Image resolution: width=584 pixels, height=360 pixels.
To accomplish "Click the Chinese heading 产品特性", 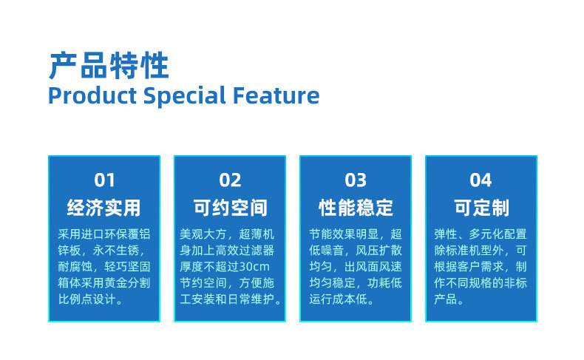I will pyautogui.click(x=109, y=66).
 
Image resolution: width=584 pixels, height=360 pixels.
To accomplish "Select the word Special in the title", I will pyautogui.click(x=184, y=96).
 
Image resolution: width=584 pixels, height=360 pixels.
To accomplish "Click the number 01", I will pyautogui.click(x=104, y=180).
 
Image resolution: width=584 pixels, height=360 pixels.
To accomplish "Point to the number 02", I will pyautogui.click(x=230, y=180).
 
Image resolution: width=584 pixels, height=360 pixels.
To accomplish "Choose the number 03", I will pyautogui.click(x=356, y=180).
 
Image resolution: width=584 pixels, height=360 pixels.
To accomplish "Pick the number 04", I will pyautogui.click(x=481, y=180).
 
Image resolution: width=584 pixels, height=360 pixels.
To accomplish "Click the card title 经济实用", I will pyautogui.click(x=104, y=207).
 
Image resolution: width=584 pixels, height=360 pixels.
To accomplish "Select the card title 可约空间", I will pyautogui.click(x=230, y=207).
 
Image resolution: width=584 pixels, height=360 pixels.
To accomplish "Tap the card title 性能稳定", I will pyautogui.click(x=356, y=207).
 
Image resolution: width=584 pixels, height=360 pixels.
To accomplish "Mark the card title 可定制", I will pyautogui.click(x=481, y=207).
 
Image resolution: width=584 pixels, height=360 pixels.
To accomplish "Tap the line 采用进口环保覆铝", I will pyautogui.click(x=104, y=234).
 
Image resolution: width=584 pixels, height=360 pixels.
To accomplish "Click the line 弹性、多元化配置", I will pyautogui.click(x=481, y=234).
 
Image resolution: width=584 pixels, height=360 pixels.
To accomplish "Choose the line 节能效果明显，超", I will pyautogui.click(x=356, y=234).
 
